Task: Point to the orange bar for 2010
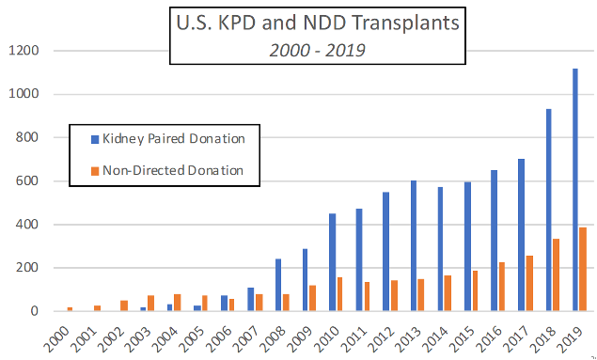341,293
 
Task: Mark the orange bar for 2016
502,286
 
